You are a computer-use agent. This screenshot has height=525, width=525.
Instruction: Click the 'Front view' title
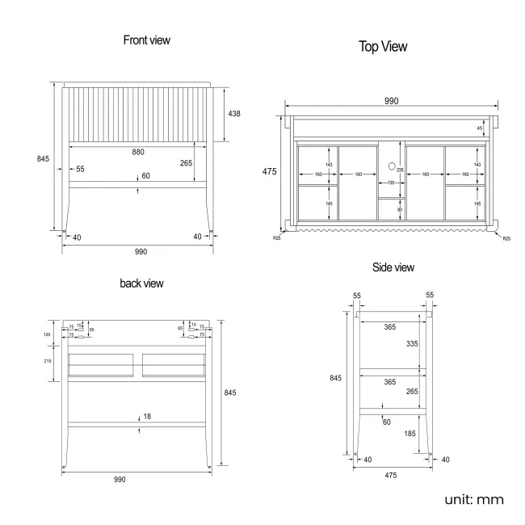pyautogui.click(x=146, y=40)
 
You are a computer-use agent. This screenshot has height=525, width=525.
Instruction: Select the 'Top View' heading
pyautogui.click(x=383, y=47)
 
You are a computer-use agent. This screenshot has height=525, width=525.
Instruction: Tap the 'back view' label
pyautogui.click(x=141, y=283)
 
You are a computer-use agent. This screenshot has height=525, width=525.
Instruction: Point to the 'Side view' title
pyautogui.click(x=393, y=267)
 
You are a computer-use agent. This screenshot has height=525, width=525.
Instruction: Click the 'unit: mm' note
pyautogui.click(x=473, y=499)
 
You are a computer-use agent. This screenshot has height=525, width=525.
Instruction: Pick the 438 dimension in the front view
pyautogui.click(x=234, y=113)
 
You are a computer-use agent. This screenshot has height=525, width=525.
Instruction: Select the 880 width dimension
pyautogui.click(x=140, y=151)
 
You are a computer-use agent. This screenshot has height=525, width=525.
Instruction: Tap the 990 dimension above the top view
pyautogui.click(x=391, y=101)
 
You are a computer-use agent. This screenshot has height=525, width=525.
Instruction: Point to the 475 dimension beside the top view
pyautogui.click(x=270, y=171)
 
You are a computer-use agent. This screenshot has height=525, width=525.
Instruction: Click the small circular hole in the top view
pyautogui.click(x=392, y=167)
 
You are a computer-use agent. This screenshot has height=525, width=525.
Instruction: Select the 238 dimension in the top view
pyautogui.click(x=399, y=170)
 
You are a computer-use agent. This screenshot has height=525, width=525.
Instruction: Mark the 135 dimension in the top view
pyautogui.click(x=392, y=183)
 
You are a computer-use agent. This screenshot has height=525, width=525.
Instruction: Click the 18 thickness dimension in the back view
pyautogui.click(x=146, y=417)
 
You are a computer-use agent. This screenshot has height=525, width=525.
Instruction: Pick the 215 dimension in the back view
pyautogui.click(x=48, y=362)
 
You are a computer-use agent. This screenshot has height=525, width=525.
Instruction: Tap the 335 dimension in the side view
pyautogui.click(x=412, y=343)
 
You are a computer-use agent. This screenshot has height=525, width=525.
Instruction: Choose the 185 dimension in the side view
pyautogui.click(x=410, y=434)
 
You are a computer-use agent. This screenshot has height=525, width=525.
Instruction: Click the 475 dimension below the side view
pyautogui.click(x=391, y=476)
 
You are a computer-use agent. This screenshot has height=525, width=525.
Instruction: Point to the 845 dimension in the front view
pyautogui.click(x=43, y=158)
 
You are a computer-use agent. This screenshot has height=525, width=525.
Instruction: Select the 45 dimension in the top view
pyautogui.click(x=480, y=128)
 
